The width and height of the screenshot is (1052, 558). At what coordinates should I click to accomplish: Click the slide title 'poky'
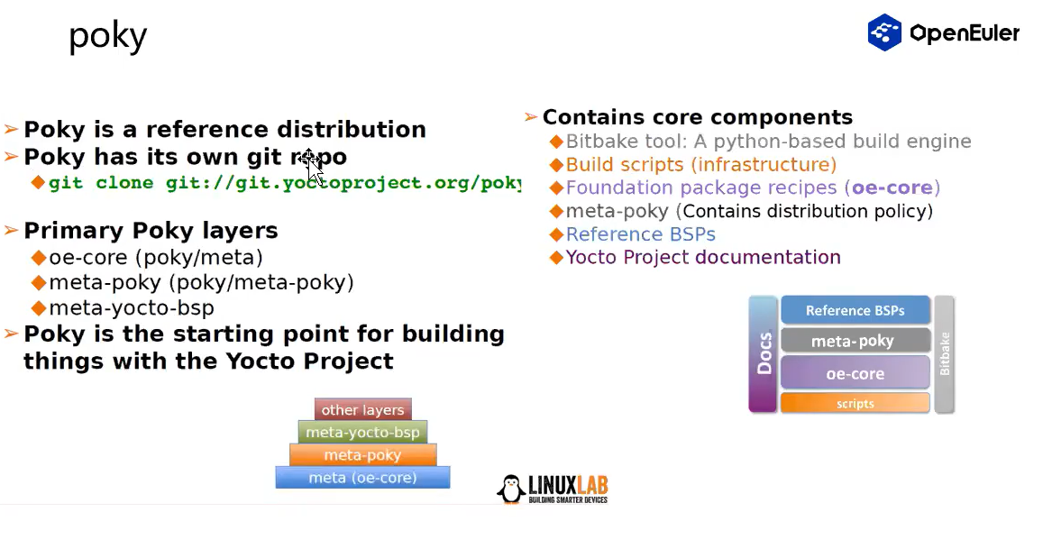pos(107,37)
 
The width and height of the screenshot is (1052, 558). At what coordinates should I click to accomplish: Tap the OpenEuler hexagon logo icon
pos(884,32)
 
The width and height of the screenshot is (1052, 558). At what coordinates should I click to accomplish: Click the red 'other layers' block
pos(362,409)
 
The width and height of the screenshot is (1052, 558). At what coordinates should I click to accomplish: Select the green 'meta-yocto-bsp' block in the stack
pos(362,432)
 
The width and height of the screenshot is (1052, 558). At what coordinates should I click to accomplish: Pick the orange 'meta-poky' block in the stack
pos(362,454)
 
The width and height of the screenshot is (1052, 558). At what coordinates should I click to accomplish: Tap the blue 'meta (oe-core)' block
pos(362,477)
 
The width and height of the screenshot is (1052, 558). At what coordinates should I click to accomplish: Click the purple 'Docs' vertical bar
pos(763,354)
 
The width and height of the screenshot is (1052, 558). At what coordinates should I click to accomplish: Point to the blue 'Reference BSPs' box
pos(855,310)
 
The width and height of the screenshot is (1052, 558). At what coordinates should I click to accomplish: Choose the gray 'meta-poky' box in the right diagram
pos(855,341)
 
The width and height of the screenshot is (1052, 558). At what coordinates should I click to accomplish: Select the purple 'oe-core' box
pos(855,372)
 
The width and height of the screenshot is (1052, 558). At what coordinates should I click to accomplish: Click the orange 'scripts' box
pos(855,403)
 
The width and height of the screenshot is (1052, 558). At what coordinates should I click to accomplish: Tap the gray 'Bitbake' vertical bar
pos(945,354)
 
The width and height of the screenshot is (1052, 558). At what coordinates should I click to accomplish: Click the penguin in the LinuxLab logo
pos(511,489)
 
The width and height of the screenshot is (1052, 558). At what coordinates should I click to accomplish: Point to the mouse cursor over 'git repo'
pos(310,163)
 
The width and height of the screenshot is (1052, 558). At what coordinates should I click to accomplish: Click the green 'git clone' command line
pos(284,183)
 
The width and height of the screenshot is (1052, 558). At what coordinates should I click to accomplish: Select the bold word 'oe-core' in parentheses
pos(892,188)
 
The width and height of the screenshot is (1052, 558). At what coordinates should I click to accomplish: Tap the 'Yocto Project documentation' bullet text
pos(703,257)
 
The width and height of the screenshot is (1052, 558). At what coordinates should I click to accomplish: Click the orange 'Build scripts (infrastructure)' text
pos(700,164)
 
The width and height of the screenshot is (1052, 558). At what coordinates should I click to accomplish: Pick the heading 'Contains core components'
pos(697,117)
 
